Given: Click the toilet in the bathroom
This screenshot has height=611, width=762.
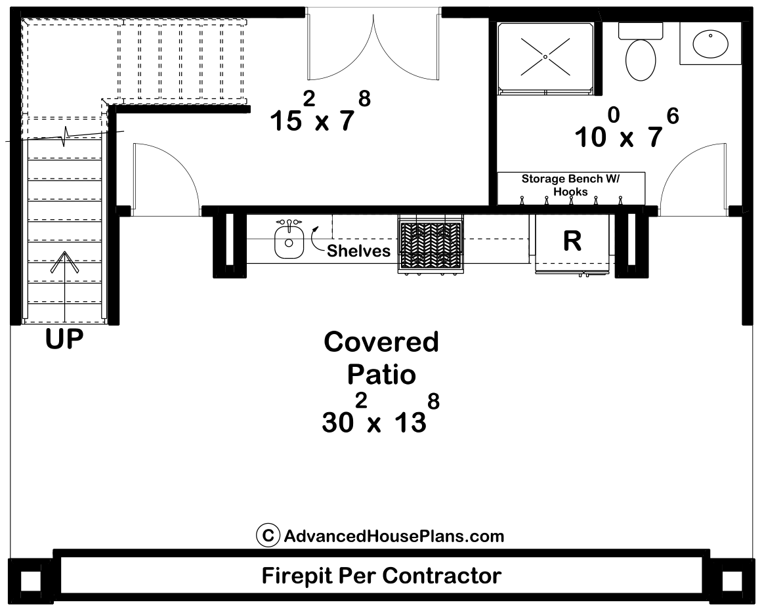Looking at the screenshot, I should (x=641, y=55).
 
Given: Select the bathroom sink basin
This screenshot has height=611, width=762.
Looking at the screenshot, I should (x=711, y=44).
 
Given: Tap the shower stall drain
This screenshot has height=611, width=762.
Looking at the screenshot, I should (x=545, y=57).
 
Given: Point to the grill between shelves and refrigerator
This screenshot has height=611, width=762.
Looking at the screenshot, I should (x=430, y=243).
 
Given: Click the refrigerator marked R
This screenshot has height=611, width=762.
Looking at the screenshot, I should (x=572, y=242).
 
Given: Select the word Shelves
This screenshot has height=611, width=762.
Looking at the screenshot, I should (x=358, y=251).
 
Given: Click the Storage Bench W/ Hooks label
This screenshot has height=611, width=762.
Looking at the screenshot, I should (x=571, y=185).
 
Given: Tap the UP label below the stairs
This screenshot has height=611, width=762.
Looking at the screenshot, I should (x=64, y=340).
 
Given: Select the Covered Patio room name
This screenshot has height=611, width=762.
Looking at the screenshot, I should (x=381, y=358).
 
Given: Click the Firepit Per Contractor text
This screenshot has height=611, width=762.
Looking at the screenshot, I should (x=381, y=576).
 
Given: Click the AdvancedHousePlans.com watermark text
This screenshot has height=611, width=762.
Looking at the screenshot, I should (x=394, y=536).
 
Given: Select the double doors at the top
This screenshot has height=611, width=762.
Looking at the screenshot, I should (x=373, y=46).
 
